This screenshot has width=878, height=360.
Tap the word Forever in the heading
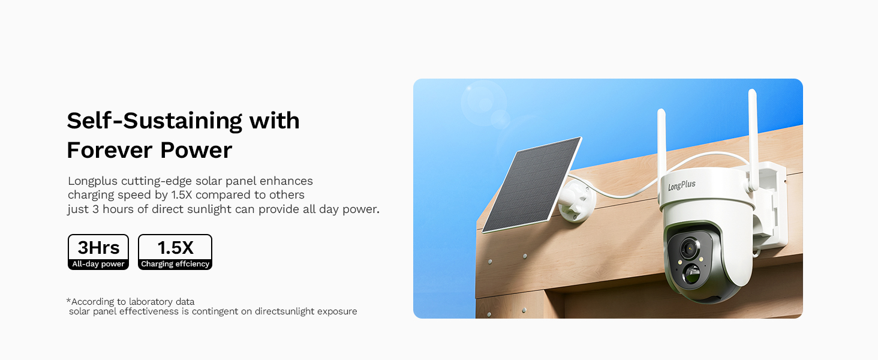coord(110,150)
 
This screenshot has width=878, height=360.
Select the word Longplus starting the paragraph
coord(92,182)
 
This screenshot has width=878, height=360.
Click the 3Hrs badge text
coord(98,247)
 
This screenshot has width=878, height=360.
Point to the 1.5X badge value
coord(175,247)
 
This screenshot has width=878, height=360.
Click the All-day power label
coord(98,264)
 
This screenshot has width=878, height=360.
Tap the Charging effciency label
coord(175,264)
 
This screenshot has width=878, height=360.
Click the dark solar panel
coord(532,184)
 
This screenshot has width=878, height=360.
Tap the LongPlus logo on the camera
coord(682,185)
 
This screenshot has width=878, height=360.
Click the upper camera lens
coord(690,248)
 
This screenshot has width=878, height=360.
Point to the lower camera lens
coord(692,274)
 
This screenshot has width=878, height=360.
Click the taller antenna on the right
coord(753,140)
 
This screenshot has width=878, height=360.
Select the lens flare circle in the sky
coord(484,103)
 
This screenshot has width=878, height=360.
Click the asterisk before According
coord(68,301)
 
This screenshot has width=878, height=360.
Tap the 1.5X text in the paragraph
coord(182,195)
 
